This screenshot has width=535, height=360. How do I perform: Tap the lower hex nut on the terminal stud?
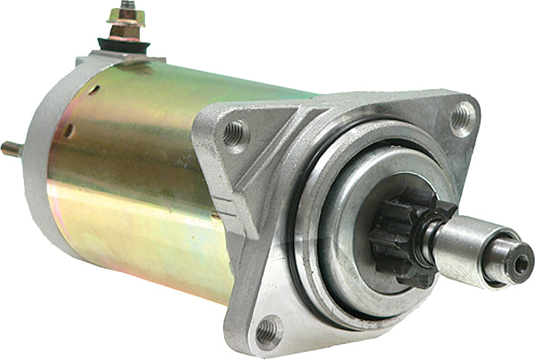tap(125, 32)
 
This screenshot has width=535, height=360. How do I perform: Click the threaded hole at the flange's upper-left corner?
tap(233, 132)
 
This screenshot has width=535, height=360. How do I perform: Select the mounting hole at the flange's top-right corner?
tap(461, 117)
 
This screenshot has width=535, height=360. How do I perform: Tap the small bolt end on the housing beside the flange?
tap(215, 214)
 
